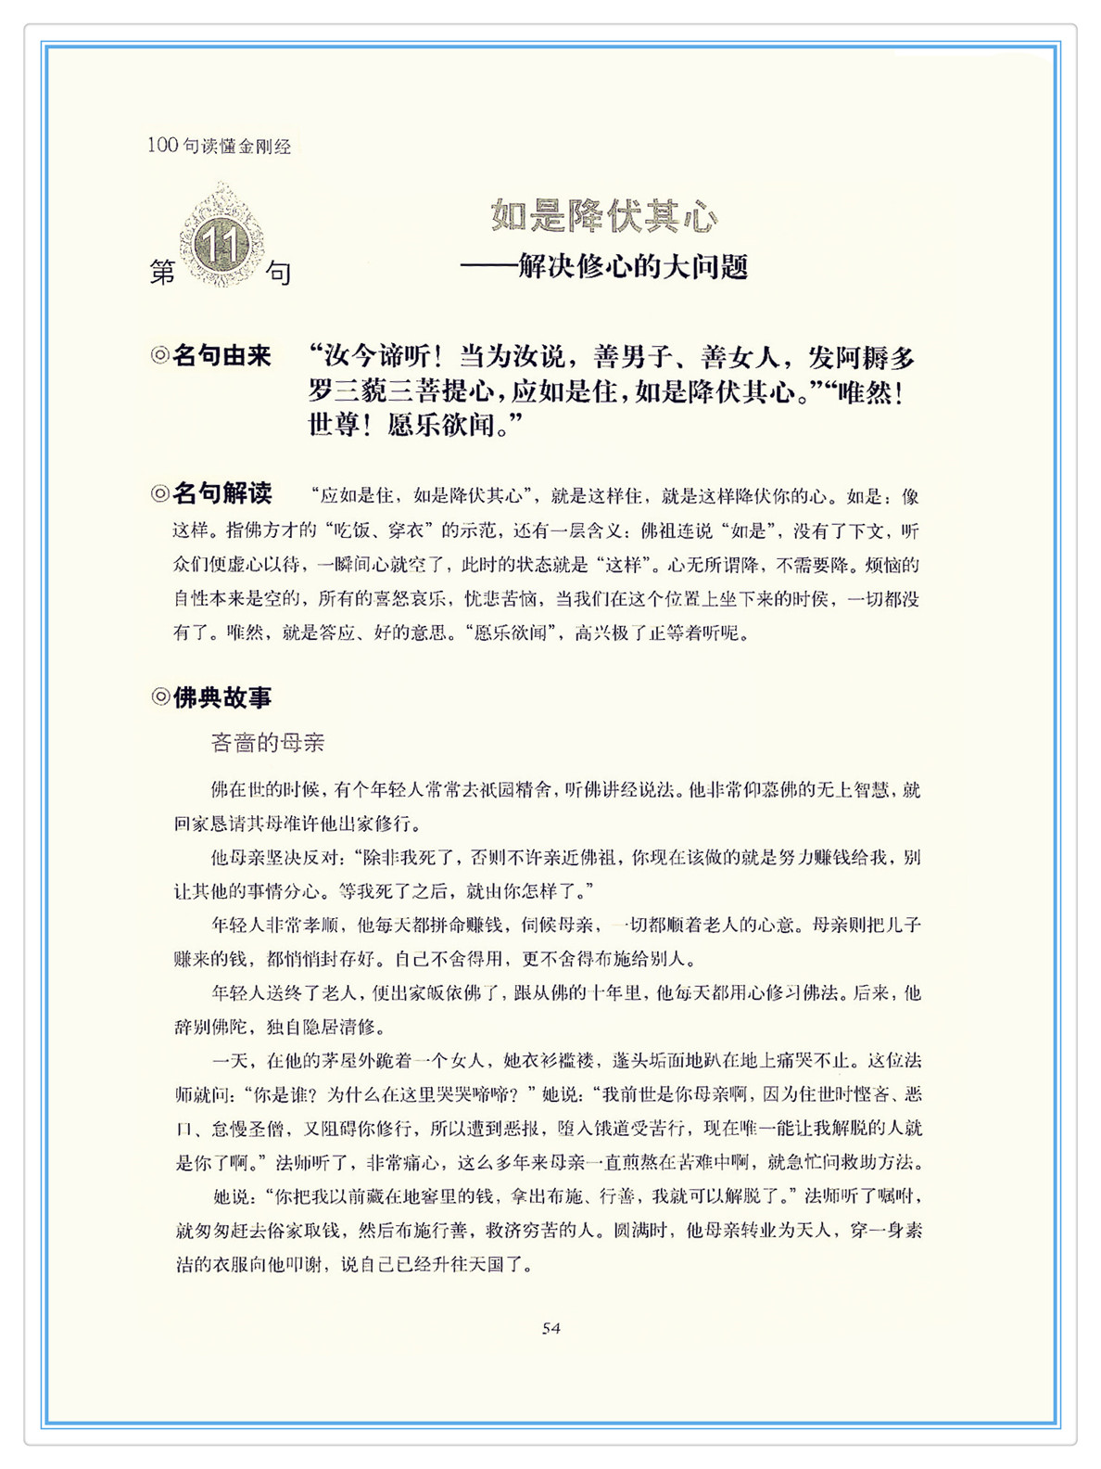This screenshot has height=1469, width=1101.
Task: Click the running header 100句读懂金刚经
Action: pos(219,146)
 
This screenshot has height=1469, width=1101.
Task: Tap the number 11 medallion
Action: pos(221,243)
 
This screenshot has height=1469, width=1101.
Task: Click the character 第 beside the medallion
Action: pos(162,273)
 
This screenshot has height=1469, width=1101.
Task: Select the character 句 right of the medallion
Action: pos(278,273)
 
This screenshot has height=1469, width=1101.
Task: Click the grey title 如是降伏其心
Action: pos(603,216)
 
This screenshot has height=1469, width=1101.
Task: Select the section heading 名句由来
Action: pos(221,355)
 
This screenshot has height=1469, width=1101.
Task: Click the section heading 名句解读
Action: pos(221,492)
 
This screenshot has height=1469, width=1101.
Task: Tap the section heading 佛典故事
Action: pos(221,697)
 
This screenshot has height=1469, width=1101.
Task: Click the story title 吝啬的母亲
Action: pos(268,742)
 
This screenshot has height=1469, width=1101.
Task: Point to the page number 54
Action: pos(550,1328)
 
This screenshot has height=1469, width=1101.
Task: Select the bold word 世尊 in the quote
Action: pos(333,426)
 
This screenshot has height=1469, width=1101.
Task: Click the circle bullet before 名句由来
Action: pos(159,355)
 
